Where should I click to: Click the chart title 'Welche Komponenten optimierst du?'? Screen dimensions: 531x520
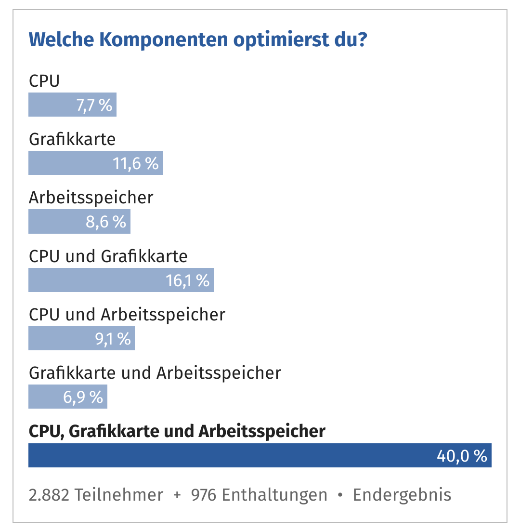198,40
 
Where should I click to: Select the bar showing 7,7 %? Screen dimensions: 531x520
72,105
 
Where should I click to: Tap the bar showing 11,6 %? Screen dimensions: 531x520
95,163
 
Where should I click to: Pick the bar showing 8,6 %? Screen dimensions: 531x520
79,222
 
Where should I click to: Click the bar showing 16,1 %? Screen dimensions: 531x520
121,280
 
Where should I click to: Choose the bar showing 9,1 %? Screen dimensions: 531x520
81,338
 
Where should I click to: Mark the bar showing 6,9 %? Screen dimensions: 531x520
68,397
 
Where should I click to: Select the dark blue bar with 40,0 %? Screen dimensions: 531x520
260,455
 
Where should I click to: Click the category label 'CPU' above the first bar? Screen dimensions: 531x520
44,81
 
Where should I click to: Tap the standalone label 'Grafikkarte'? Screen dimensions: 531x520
72,139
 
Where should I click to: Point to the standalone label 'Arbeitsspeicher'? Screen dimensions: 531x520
91,198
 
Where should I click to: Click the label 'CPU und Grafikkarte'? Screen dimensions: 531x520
108,256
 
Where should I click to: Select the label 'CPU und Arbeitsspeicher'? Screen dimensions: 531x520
127,315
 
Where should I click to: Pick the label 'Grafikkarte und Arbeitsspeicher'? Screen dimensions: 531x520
155,373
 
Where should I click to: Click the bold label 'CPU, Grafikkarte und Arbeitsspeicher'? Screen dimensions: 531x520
177,431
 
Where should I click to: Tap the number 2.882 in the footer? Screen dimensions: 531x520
48,495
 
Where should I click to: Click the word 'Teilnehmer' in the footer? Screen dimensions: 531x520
118,495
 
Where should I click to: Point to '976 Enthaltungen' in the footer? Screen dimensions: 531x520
259,495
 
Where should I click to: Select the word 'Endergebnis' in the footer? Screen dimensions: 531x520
402,495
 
